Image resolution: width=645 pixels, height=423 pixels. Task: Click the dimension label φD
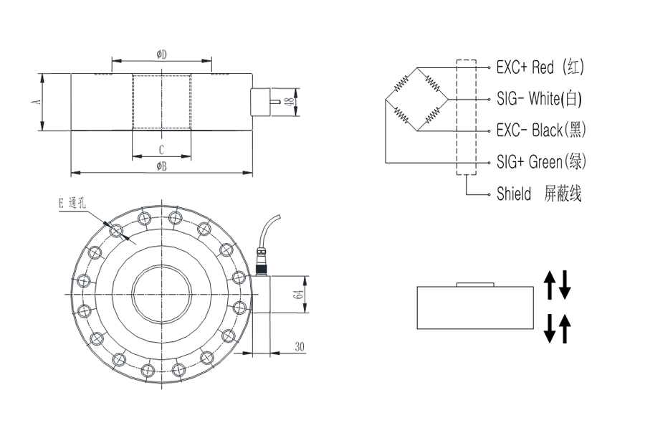tap(162, 54)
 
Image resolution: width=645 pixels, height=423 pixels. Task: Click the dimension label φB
tap(162, 166)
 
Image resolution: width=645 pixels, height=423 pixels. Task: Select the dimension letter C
tap(162, 150)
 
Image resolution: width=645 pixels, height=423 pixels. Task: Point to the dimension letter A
tap(37, 101)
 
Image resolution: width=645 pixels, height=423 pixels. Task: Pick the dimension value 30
tap(300, 347)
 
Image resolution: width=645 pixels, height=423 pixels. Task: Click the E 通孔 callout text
tap(72, 203)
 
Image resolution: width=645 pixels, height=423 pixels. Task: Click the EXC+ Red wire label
tap(540, 67)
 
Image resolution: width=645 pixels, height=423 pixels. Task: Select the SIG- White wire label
tap(539, 99)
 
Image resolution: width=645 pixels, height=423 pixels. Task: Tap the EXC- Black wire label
tap(541, 130)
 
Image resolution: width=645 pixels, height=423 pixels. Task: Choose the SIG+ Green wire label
tap(541, 162)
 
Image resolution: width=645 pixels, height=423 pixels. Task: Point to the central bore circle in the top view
tap(162, 294)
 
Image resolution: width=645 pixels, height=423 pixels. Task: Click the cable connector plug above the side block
tap(261, 261)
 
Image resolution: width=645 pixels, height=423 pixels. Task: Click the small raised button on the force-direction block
tap(475, 285)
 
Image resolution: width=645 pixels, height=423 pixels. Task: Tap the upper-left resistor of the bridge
tap(401, 83)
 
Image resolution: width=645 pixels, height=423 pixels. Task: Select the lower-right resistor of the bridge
tap(432, 115)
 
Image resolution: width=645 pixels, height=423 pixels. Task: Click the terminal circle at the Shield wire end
tap(489, 194)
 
